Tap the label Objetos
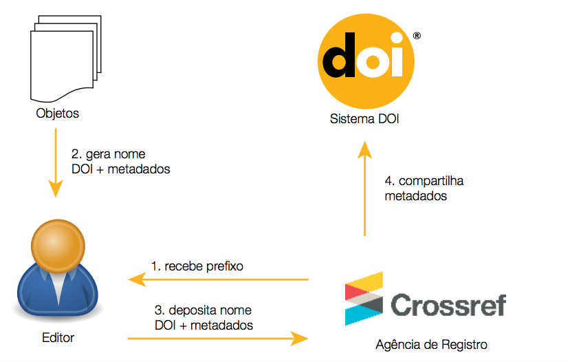57,114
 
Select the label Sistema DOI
364,120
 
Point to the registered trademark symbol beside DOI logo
417,35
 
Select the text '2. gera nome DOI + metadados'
120,161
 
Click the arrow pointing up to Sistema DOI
364,186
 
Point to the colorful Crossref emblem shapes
362,298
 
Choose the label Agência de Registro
432,344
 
